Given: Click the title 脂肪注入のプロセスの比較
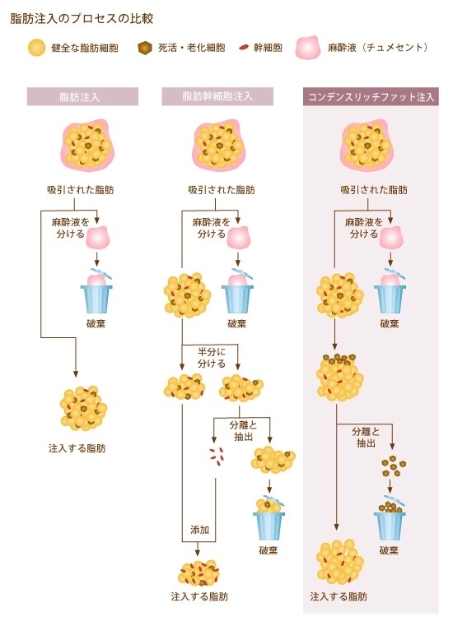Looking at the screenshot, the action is click(x=82, y=19).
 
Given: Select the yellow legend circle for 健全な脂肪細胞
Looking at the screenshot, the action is click(x=36, y=48).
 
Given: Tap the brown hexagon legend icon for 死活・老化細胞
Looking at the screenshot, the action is click(x=145, y=49).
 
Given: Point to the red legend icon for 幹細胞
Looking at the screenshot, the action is click(x=244, y=48).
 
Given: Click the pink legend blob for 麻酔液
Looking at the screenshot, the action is click(x=308, y=48).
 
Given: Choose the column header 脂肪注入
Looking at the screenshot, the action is click(x=82, y=97).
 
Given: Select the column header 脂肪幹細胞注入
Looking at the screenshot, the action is click(x=217, y=97).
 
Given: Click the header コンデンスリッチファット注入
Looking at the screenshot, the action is click(x=371, y=97).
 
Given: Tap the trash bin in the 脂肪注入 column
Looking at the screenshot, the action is click(x=96, y=292).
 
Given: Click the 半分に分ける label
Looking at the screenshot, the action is click(x=211, y=357).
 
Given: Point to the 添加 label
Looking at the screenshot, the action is click(x=199, y=529).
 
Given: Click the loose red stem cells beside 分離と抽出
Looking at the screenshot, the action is click(x=217, y=456).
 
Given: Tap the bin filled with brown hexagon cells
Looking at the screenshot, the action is click(x=390, y=518).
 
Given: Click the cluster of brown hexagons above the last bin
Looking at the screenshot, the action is click(x=393, y=466).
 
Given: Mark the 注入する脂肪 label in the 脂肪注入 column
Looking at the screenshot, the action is click(x=77, y=448).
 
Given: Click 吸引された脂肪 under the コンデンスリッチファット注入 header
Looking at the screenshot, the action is click(x=374, y=189).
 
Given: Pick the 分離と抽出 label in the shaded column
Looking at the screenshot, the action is click(x=366, y=437).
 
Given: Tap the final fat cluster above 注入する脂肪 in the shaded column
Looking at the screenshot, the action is click(x=339, y=561).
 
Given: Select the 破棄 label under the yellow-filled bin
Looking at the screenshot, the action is click(x=269, y=550).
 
